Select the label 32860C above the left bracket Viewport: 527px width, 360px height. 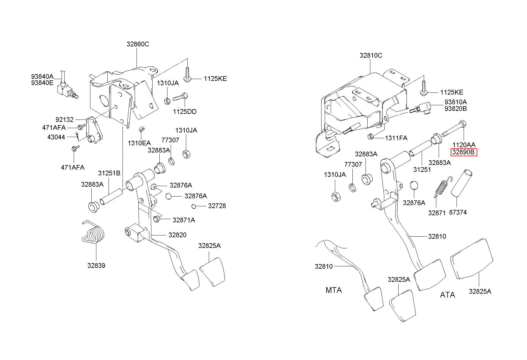(138, 44)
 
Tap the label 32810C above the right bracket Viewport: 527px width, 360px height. (371, 55)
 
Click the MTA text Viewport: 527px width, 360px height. (334, 290)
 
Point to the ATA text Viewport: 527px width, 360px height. (447, 295)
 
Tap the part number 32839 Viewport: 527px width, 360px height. (96, 265)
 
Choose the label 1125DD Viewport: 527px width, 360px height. (185, 112)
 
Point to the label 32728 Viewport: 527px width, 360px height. (217, 206)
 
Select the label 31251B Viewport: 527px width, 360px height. (109, 173)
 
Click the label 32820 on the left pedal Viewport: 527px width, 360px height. (177, 235)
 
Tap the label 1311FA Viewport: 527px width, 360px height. (396, 138)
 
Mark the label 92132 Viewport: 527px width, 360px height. (65, 120)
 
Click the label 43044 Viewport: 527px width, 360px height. (56, 137)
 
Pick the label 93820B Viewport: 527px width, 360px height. (456, 109)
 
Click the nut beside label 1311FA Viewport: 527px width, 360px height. (371, 137)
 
